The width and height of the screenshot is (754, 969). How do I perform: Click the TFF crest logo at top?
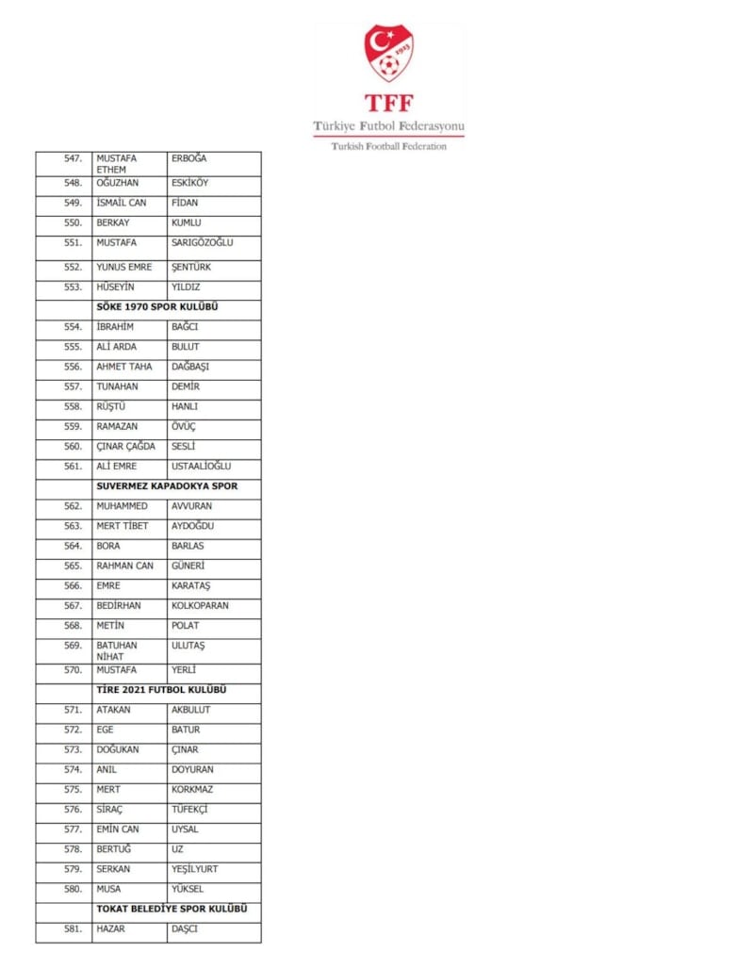tap(389, 53)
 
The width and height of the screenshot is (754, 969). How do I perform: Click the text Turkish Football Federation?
tap(388, 146)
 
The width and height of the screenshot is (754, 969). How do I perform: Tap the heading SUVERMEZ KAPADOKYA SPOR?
tap(167, 486)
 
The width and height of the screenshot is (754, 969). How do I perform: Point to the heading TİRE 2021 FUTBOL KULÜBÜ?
tap(161, 690)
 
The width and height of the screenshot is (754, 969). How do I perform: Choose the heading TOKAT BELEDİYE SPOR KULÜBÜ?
tap(172, 909)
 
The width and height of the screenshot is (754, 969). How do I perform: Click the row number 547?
tap(73, 158)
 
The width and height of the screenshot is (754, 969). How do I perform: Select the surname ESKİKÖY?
tap(190, 183)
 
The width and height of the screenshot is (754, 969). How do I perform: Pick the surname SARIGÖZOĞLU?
tap(202, 243)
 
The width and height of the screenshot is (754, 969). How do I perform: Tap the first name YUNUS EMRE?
tap(123, 267)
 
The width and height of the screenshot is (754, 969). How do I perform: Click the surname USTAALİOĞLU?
tap(201, 466)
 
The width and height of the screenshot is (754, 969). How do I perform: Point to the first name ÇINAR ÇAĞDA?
tap(125, 446)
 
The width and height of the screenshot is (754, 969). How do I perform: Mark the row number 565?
tap(73, 566)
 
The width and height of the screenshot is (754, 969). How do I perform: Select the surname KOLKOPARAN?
tap(200, 605)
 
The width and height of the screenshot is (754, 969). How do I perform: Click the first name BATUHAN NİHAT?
tap(116, 650)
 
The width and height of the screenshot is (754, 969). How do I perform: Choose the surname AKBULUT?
tap(190, 710)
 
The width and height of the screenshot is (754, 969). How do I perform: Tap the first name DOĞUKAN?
tap(118, 749)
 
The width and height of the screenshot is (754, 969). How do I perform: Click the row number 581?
tap(73, 928)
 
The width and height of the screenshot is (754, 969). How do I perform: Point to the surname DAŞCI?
tap(186, 928)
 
